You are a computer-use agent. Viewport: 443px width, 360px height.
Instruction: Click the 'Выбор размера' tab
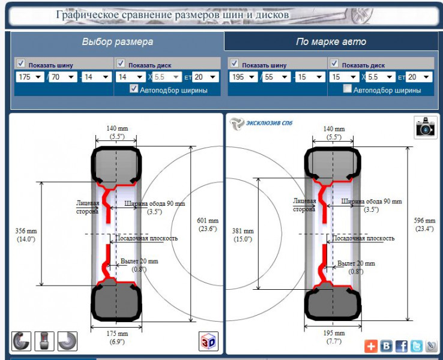tap(117, 42)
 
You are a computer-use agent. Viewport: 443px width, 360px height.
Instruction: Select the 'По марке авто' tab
tap(331, 42)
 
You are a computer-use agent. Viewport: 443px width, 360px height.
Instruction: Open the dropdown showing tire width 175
tap(30, 77)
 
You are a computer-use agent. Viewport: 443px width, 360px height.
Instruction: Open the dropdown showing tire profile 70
tap(62, 77)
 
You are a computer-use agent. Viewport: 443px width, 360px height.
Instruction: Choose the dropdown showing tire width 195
tap(244, 77)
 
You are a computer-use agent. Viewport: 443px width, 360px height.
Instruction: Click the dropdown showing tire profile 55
tap(276, 77)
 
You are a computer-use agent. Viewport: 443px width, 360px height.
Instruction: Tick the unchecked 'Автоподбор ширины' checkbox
tap(347, 89)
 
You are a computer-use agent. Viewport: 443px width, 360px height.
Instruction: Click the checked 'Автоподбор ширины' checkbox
tap(134, 89)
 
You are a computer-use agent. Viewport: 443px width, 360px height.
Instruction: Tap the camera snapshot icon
tap(426, 127)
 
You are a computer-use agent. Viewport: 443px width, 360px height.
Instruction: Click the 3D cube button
tap(208, 341)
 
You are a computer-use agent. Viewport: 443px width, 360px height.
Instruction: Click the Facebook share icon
tap(401, 346)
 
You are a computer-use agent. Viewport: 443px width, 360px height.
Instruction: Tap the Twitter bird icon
tap(417, 346)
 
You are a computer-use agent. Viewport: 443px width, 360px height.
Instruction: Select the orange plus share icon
tap(371, 346)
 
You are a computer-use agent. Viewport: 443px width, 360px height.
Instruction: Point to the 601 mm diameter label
tap(208, 224)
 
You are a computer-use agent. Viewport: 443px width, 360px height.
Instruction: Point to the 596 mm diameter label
tap(424, 224)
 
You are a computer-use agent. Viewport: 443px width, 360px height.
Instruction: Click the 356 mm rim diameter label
tap(26, 235)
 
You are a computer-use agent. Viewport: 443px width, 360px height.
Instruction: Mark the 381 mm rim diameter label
tap(243, 235)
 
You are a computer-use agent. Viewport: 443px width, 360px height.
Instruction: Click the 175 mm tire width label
tap(117, 337)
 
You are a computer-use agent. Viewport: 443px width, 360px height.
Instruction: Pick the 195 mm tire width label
tap(334, 337)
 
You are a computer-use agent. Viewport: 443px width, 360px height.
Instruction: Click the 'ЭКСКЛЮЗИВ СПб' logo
tap(261, 123)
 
